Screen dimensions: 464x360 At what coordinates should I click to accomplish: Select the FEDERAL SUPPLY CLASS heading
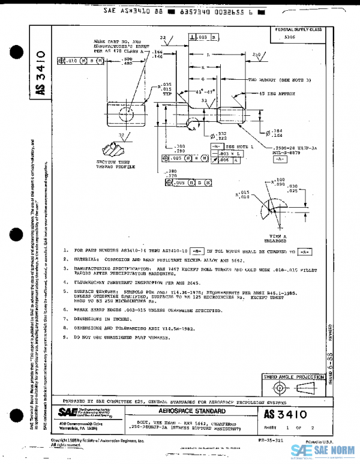coord(298,29)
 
